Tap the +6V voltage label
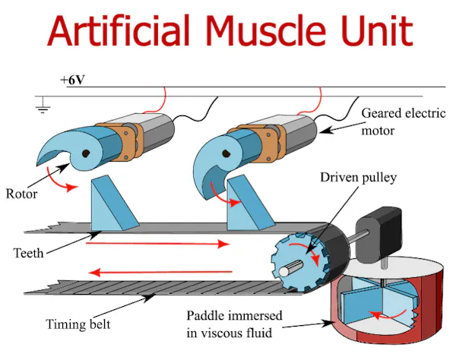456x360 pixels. [x=72, y=80]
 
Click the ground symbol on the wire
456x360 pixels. [x=43, y=105]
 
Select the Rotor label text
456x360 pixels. [x=22, y=194]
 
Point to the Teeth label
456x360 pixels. [x=29, y=253]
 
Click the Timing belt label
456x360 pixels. [x=78, y=324]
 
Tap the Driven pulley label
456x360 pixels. [x=358, y=177]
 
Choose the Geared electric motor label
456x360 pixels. [x=404, y=122]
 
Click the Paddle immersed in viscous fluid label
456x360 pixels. [x=234, y=324]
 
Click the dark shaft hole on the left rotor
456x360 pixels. [x=85, y=153]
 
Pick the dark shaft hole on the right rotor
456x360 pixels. [x=226, y=153]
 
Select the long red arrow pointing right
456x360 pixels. [x=157, y=244]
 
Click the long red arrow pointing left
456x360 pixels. [x=160, y=273]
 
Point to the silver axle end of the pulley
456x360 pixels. [x=284, y=272]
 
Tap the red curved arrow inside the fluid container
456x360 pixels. [x=388, y=315]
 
